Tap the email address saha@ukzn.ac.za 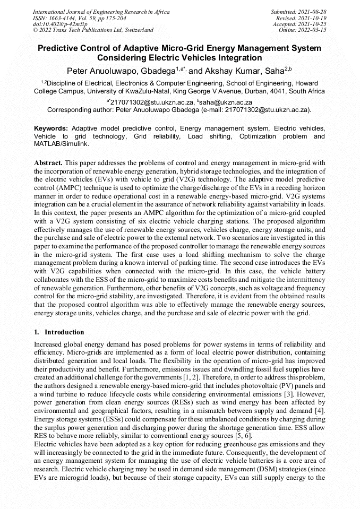pos(226,102)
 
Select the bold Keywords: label pos(51,129)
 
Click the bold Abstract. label pos(48,162)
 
